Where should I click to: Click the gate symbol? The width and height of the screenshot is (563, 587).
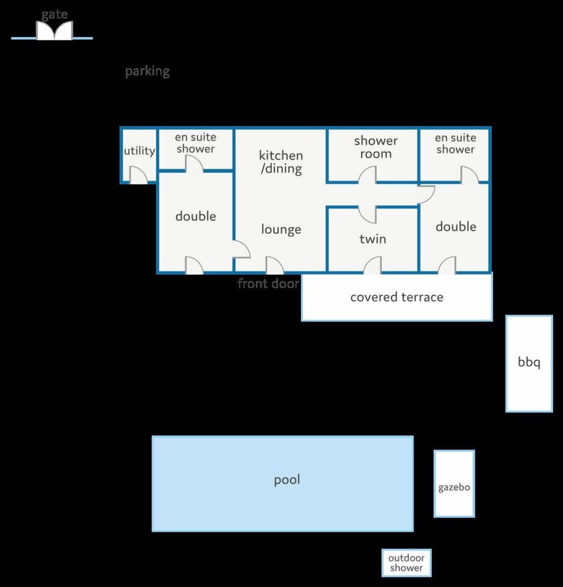pyautogui.click(x=55, y=30)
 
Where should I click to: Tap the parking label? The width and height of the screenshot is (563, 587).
pyautogui.click(x=147, y=71)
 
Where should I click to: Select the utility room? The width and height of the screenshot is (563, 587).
pyautogui.click(x=139, y=155)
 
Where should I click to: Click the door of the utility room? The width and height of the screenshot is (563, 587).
pyautogui.click(x=138, y=175)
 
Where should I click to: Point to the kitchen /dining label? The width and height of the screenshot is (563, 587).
pyautogui.click(x=281, y=162)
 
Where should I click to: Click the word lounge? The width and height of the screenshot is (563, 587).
pyautogui.click(x=281, y=229)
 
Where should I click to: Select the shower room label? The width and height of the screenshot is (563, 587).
pyautogui.click(x=375, y=146)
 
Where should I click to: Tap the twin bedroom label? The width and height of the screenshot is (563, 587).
pyautogui.click(x=372, y=239)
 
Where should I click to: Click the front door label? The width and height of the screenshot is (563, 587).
pyautogui.click(x=269, y=284)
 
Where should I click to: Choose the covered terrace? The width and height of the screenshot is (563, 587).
pyautogui.click(x=397, y=297)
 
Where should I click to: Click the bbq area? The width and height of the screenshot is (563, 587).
pyautogui.click(x=529, y=363)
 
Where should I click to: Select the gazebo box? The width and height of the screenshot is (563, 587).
pyautogui.click(x=455, y=484)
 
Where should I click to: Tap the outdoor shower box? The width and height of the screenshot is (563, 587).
pyautogui.click(x=406, y=562)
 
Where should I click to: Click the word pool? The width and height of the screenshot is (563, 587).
pyautogui.click(x=287, y=480)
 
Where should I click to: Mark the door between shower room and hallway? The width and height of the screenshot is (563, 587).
pyautogui.click(x=367, y=175)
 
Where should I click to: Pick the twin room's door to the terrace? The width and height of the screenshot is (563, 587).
pyautogui.click(x=372, y=265)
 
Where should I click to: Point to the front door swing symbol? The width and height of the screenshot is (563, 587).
pyautogui.click(x=274, y=265)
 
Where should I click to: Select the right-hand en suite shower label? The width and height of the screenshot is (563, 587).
pyautogui.click(x=456, y=144)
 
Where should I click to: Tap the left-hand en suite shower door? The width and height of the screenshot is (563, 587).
pyautogui.click(x=195, y=163)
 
